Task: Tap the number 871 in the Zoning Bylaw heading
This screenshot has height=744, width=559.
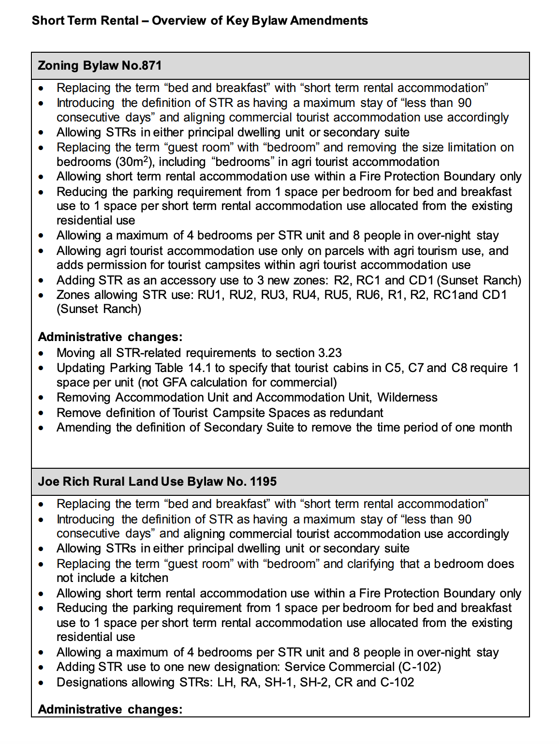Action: [151, 66]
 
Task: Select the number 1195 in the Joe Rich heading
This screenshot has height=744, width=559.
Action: [264, 482]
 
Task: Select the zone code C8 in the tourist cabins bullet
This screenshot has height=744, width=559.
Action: [459, 368]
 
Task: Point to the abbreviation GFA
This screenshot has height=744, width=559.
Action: [175, 383]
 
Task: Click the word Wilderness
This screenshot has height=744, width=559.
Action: [407, 398]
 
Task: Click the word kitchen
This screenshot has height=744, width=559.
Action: [149, 578]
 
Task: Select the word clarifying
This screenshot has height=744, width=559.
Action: [371, 564]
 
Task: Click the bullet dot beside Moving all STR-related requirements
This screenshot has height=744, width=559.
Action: [41, 354]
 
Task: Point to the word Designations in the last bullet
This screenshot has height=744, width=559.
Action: [85, 683]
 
